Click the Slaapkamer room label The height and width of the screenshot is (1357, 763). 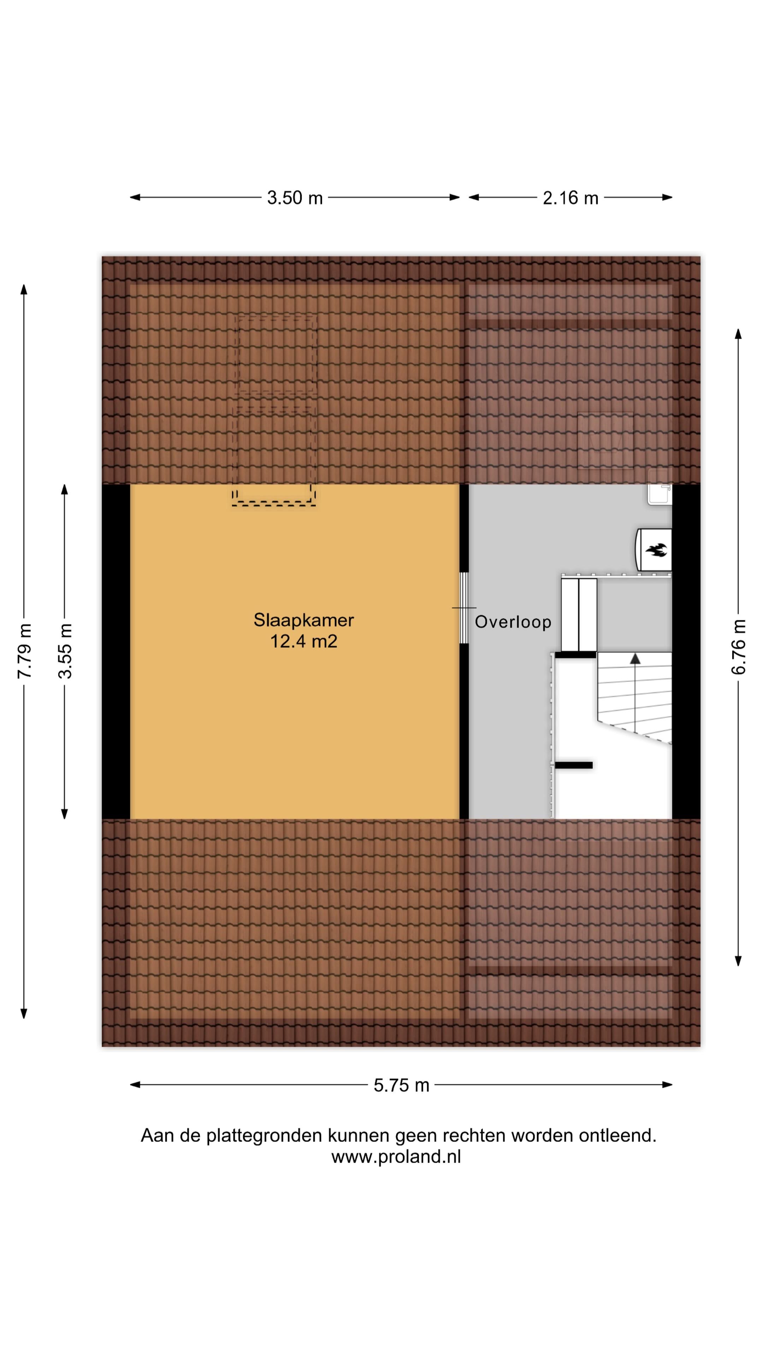[303, 620]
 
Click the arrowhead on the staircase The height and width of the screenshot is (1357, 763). [635, 658]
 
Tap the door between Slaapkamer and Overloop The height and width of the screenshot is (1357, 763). [463, 608]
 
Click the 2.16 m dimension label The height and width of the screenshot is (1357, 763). [570, 198]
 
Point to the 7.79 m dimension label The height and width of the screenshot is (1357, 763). [24, 651]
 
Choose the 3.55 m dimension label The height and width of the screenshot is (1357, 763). [65, 651]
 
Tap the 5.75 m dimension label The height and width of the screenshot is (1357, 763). [401, 1085]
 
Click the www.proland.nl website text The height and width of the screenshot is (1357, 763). [396, 1157]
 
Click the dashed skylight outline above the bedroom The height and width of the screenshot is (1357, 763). [275, 411]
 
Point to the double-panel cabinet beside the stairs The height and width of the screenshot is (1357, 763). [578, 614]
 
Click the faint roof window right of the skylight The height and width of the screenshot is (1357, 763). [605, 440]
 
